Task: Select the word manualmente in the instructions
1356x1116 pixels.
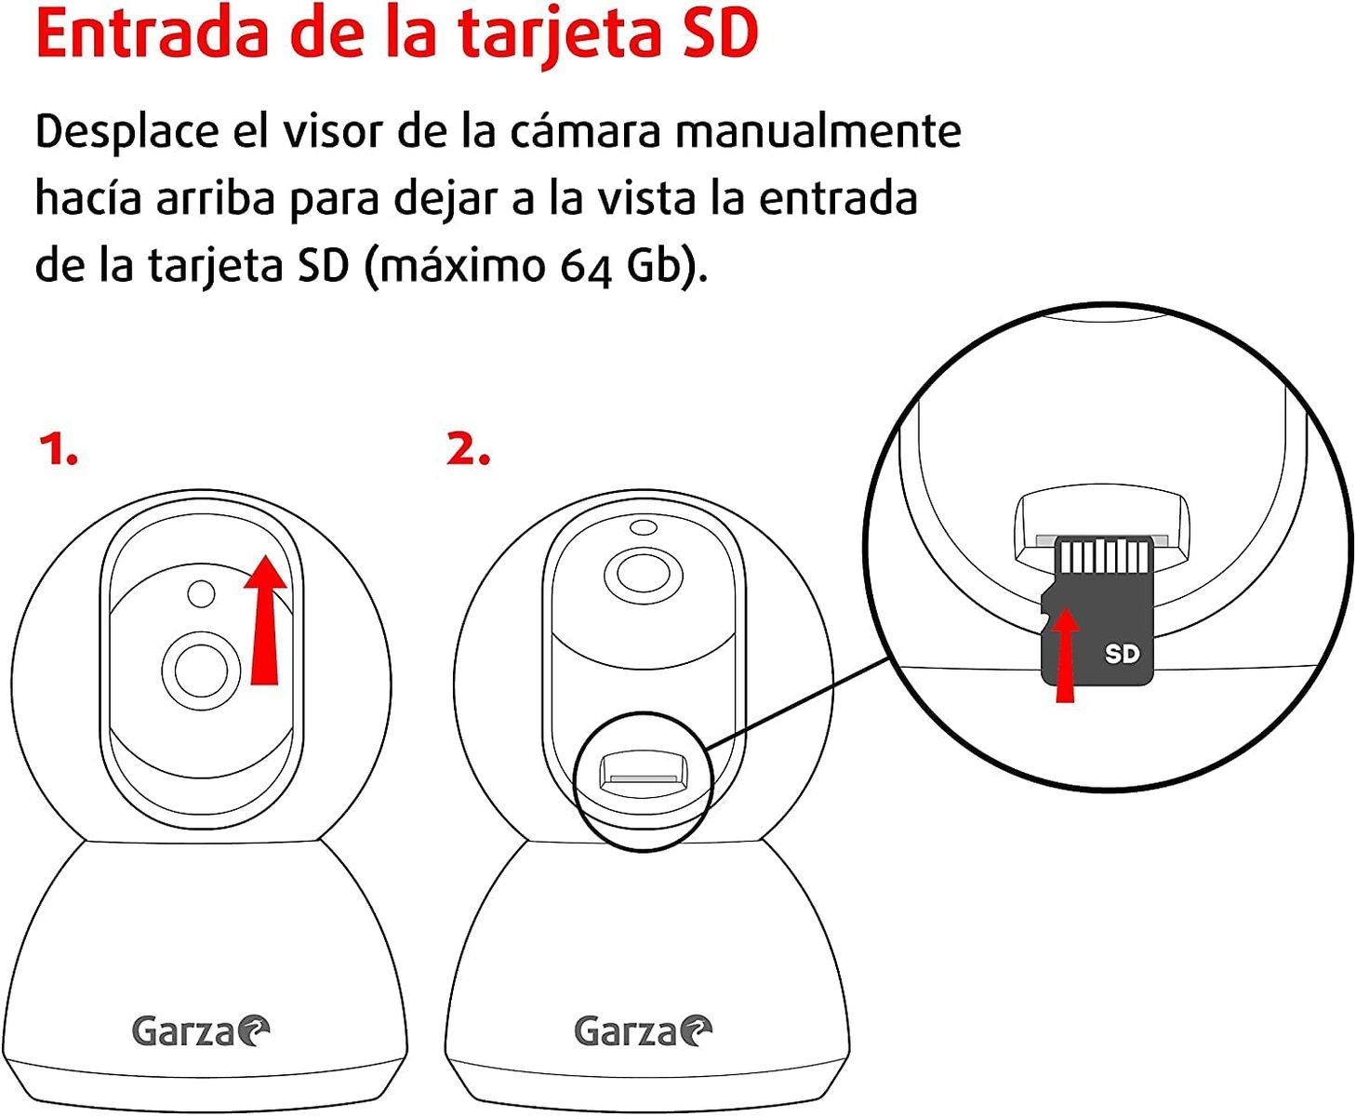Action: (818, 130)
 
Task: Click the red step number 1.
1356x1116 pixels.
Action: (58, 450)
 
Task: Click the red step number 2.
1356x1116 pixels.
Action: (468, 450)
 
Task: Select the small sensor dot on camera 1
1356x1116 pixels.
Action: (201, 593)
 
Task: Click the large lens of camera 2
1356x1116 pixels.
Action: (643, 572)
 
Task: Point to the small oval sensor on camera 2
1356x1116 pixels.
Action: (643, 528)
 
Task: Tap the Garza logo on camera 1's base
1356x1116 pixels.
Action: (200, 1030)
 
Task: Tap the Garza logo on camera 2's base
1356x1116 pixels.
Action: (643, 1030)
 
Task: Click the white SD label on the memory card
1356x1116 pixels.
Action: (1122, 654)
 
